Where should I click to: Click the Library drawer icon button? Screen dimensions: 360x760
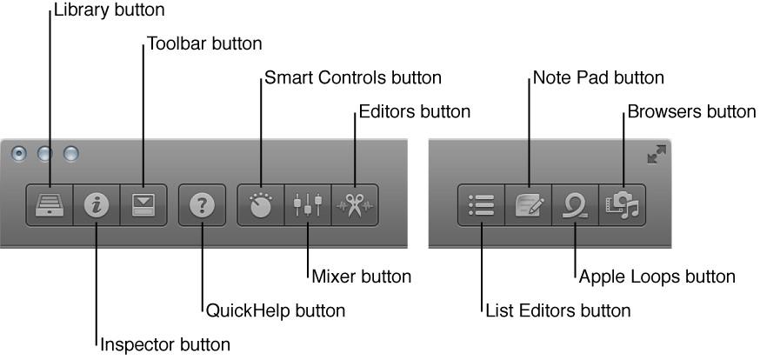coord(50,204)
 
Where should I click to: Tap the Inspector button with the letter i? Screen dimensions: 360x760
coord(96,204)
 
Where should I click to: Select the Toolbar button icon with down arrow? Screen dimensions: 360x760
coord(142,204)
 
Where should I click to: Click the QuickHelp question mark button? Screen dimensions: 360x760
coord(202,204)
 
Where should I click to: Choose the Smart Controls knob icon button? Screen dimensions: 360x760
coord(261,204)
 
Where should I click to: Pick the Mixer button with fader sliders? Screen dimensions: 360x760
coord(308,204)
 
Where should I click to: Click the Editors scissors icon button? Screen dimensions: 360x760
coord(355,204)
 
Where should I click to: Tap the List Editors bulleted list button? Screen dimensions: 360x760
coord(481,204)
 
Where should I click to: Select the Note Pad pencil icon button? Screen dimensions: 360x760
coord(529,204)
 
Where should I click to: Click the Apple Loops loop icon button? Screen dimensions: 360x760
coord(576,204)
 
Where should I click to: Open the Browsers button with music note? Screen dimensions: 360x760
coord(623,204)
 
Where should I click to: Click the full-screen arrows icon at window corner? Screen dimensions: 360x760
coord(657,155)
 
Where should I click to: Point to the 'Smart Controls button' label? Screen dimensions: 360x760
coord(351,77)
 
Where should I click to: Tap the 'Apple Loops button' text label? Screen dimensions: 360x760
coord(657,277)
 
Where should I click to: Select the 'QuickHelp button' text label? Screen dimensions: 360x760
coord(275,310)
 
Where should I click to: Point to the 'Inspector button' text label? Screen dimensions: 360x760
coord(165,344)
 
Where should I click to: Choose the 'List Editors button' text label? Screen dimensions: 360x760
coord(557,310)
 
